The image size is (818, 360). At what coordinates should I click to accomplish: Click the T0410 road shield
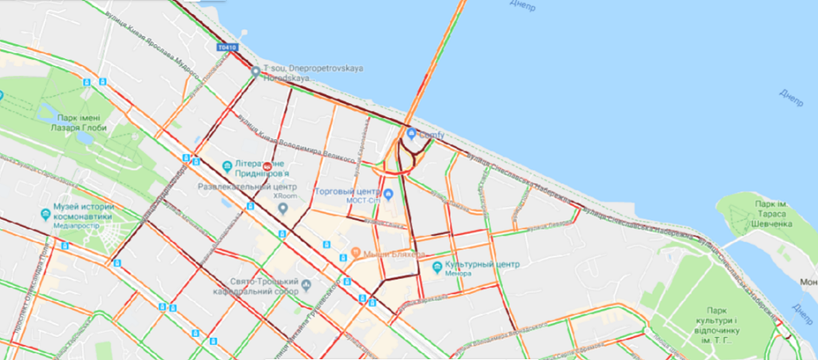click(x=228, y=48)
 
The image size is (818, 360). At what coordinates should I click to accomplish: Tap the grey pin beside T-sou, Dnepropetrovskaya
click(x=256, y=71)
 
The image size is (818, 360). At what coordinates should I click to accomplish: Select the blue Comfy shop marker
click(x=411, y=133)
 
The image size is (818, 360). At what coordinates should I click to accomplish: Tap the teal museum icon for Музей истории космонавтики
click(x=46, y=214)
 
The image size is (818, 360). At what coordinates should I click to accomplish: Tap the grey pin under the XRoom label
click(x=283, y=208)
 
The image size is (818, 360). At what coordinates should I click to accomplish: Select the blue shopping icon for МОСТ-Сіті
click(x=389, y=194)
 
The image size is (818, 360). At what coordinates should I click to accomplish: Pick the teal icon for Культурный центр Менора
click(x=437, y=267)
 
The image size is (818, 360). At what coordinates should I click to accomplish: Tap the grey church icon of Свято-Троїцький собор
click(x=305, y=286)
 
